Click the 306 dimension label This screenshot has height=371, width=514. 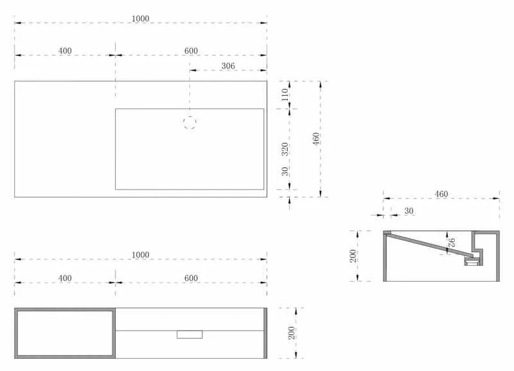pyautogui.click(x=228, y=66)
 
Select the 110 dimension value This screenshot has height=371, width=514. pyautogui.click(x=285, y=94)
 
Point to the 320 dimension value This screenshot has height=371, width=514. pyautogui.click(x=285, y=149)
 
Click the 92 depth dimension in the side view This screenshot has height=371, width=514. pyautogui.click(x=452, y=243)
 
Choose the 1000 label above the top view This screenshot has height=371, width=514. pyautogui.click(x=140, y=19)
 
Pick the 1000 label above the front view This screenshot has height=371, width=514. pyautogui.click(x=140, y=255)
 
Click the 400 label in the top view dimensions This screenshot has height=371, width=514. pyautogui.click(x=65, y=51)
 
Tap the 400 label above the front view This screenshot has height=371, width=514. pyautogui.click(x=65, y=279)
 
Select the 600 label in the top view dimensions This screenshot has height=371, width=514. pyautogui.click(x=191, y=51)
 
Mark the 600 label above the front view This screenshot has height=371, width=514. pyautogui.click(x=191, y=279)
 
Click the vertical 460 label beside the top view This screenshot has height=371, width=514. pyautogui.click(x=316, y=139)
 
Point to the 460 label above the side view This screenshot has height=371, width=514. pyautogui.click(x=441, y=194)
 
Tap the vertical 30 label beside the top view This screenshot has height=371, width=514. pyautogui.click(x=285, y=171)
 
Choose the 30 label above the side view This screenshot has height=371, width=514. pyautogui.click(x=409, y=211)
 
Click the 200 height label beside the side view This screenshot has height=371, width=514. pyautogui.click(x=353, y=255)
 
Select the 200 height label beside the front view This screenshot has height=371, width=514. pyautogui.click(x=292, y=333)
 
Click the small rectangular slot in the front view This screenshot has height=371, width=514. pyautogui.click(x=190, y=334)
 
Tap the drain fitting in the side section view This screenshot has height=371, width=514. pyautogui.click(x=473, y=261)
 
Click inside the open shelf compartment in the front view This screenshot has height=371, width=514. pyautogui.click(x=65, y=333)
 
